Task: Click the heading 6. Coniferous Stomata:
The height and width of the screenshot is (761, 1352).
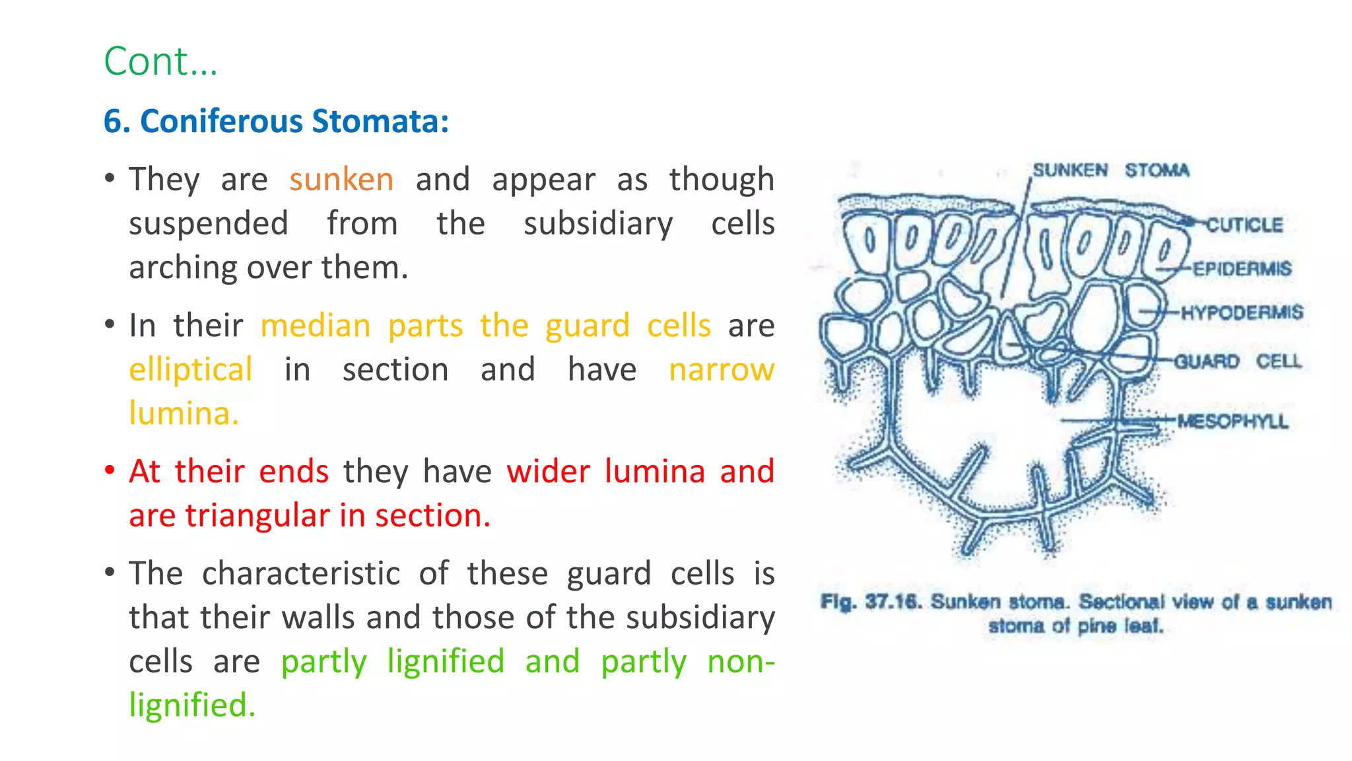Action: coord(276,122)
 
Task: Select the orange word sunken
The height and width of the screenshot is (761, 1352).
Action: coord(341,180)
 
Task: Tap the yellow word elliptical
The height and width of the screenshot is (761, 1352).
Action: coord(191,370)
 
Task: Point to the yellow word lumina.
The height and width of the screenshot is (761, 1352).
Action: coord(183,414)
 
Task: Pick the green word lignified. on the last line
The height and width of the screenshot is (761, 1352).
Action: coord(191,706)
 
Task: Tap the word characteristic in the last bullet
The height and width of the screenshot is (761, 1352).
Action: coord(300,573)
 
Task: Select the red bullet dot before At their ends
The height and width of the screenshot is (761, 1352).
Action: coord(110,471)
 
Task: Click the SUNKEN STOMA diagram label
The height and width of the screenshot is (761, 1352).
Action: coord(1110,170)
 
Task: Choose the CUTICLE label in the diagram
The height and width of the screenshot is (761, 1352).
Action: coord(1244,225)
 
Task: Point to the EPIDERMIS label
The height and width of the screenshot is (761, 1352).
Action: coord(1242,269)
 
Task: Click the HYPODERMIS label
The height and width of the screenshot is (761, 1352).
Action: coord(1242,312)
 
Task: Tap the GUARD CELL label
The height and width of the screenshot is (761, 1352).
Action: coord(1237,361)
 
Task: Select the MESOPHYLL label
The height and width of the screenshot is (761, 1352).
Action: coord(1232,421)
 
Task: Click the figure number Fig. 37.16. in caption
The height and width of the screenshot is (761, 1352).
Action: coord(871,602)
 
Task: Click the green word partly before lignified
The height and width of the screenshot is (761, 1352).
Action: coord(323,662)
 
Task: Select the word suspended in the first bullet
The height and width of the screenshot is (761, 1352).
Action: coord(208,224)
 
